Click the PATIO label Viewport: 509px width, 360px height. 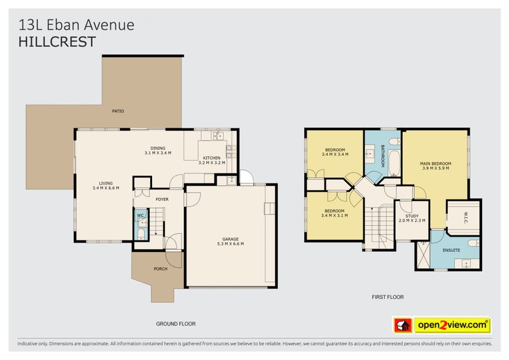(118, 111)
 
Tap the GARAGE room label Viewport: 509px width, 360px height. (230, 239)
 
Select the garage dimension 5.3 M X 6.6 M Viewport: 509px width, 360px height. (230, 244)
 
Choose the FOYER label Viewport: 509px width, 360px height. (162, 199)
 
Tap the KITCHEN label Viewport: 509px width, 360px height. (211, 158)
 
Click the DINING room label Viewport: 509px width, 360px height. (158, 148)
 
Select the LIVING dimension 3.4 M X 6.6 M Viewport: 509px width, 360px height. (106, 188)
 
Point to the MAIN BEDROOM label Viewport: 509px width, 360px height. (435, 163)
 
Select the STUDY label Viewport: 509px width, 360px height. (411, 215)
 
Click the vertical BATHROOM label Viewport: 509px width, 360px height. (383, 156)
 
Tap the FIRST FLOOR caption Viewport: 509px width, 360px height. (387, 297)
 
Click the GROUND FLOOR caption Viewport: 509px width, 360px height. (175, 324)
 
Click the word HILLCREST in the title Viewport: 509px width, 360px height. (57, 42)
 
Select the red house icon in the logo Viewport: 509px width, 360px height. (402, 326)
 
